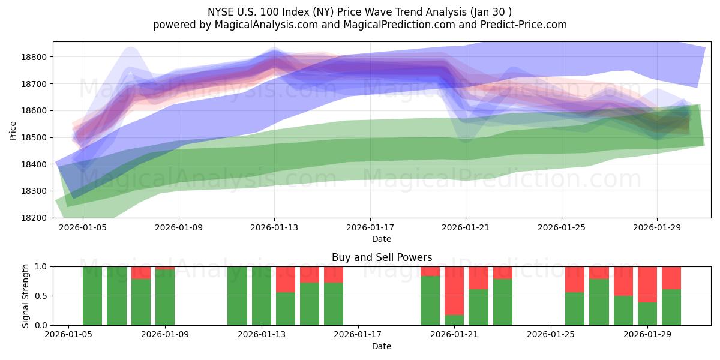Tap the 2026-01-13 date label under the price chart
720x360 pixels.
(275, 227)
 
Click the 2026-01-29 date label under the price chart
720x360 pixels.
(657, 227)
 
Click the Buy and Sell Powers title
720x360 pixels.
(382, 257)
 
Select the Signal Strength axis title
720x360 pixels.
(26, 295)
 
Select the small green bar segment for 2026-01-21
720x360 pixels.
(454, 320)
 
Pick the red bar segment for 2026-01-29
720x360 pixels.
(647, 284)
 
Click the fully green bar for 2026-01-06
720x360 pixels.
(92, 296)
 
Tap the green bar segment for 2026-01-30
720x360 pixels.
(671, 307)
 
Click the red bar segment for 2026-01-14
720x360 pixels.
(286, 279)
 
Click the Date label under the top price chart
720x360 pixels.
(382, 239)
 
